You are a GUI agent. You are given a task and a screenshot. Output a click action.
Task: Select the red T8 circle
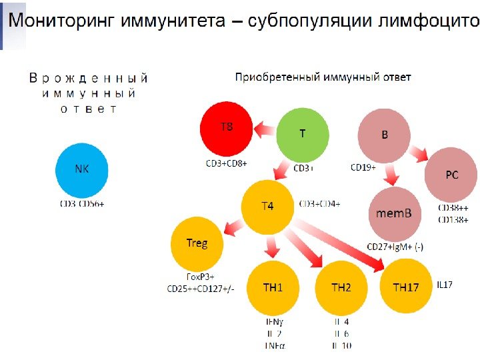pyautogui.click(x=227, y=128)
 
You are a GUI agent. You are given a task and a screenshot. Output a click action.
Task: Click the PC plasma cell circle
pyautogui.click(x=451, y=175)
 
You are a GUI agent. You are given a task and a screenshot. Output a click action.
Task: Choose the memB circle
pyautogui.click(x=395, y=213)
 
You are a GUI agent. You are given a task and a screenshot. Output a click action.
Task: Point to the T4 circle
pyautogui.click(x=267, y=206)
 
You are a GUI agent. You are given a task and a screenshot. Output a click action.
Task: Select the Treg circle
pyautogui.click(x=197, y=243)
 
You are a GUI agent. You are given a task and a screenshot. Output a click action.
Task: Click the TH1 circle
pyautogui.click(x=273, y=288)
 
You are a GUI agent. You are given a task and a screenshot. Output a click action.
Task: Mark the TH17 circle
pyautogui.click(x=406, y=288)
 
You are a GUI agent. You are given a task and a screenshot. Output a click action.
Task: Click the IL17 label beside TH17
pyautogui.click(x=445, y=285)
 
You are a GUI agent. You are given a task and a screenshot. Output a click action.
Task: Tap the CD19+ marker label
pyautogui.click(x=363, y=167)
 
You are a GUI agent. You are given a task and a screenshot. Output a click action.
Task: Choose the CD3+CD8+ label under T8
pyautogui.click(x=226, y=162)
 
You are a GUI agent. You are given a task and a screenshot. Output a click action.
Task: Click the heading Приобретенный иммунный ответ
pyautogui.click(x=323, y=77)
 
